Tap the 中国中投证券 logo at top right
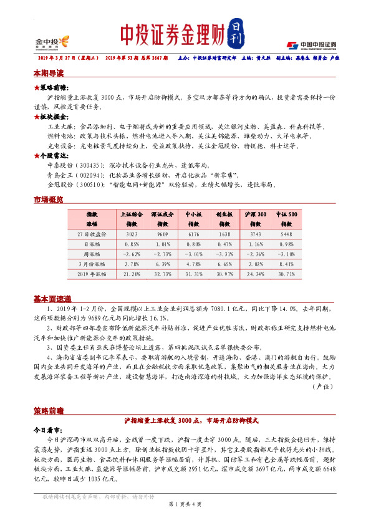(311, 44)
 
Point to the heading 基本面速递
(52, 299)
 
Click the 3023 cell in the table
(132, 233)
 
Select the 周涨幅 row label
(92, 254)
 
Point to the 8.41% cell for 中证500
(287, 264)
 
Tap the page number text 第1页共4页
(185, 503)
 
